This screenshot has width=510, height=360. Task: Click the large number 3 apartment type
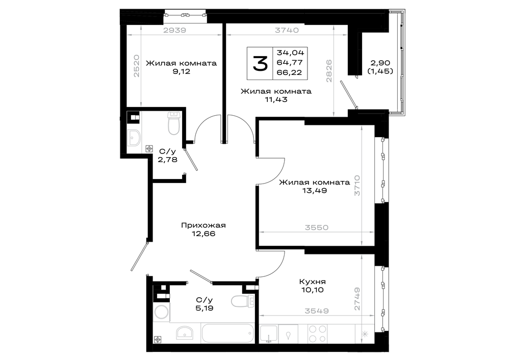pyautogui.click(x=260, y=63)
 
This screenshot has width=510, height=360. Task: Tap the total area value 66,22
pyautogui.click(x=289, y=72)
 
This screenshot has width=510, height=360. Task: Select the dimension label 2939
pyautogui.click(x=174, y=30)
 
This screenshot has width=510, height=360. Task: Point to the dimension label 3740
pyautogui.click(x=287, y=30)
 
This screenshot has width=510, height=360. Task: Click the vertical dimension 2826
pyautogui.click(x=329, y=70)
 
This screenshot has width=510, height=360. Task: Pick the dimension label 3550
pyautogui.click(x=317, y=227)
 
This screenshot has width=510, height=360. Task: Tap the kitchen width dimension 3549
pyautogui.click(x=317, y=311)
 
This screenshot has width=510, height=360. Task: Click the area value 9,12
pyautogui.click(x=182, y=71)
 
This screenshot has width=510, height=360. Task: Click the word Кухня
pyautogui.click(x=312, y=281)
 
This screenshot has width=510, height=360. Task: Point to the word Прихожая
pyautogui.click(x=203, y=225)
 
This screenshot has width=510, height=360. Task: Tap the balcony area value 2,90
pyautogui.click(x=380, y=63)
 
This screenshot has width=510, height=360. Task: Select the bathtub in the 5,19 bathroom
pyautogui.click(x=227, y=333)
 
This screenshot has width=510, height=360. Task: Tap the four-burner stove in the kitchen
pyautogui.click(x=317, y=333)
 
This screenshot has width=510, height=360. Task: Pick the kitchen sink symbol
pyautogui.click(x=269, y=333)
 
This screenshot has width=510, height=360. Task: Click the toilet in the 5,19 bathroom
pyautogui.click(x=243, y=301)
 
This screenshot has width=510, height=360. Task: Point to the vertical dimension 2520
pyautogui.click(x=136, y=65)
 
